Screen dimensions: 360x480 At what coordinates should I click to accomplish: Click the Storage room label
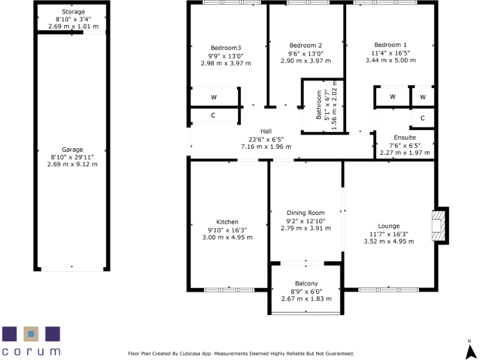[73, 12]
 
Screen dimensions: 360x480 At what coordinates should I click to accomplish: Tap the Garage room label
[72, 150]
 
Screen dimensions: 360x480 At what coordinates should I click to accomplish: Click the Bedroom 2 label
[306, 45]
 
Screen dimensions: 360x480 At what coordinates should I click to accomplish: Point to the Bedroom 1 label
[390, 45]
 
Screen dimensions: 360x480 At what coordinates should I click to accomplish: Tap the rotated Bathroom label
[319, 105]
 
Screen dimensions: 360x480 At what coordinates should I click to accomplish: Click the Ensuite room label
[404, 137]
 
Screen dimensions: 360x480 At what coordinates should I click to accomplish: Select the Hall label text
[266, 131]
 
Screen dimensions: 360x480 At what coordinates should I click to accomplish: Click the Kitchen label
[227, 222]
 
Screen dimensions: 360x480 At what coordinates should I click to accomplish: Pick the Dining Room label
[306, 213]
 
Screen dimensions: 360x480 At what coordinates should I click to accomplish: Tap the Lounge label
[388, 226]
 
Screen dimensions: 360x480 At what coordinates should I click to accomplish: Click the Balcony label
[306, 284]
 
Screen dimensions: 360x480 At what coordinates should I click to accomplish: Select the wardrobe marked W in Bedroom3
[214, 97]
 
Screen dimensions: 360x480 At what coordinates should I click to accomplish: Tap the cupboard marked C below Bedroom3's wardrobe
[214, 116]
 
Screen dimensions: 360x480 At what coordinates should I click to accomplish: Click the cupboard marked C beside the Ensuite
[422, 118]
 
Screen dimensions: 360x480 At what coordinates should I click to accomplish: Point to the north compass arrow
[469, 347]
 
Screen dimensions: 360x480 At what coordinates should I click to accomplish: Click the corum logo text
[31, 351]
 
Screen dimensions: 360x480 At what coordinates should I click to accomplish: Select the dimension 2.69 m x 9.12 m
[72, 164]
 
